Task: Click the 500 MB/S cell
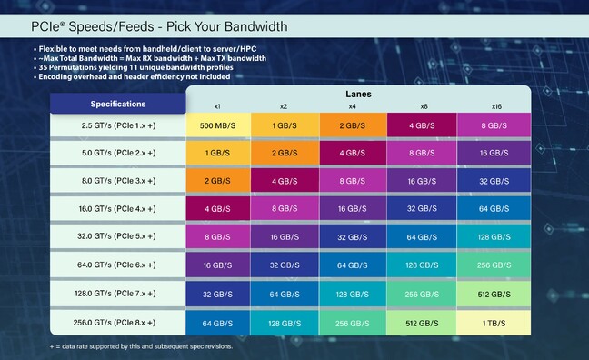click(x=217, y=125)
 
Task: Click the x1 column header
click(x=217, y=105)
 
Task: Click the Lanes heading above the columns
click(x=357, y=94)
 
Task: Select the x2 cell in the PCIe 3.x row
click(x=285, y=181)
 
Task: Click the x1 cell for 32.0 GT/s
click(x=217, y=237)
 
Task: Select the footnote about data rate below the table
click(x=141, y=346)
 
